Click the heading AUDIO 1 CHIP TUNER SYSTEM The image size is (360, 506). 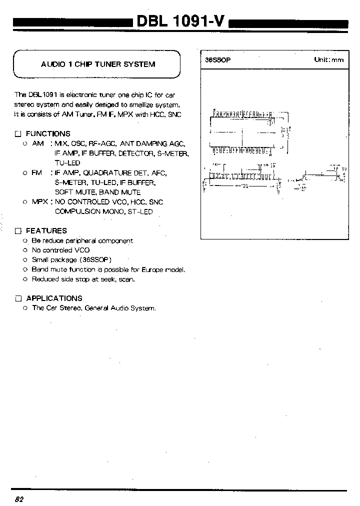(x=98, y=64)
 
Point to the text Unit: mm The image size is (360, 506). (x=328, y=59)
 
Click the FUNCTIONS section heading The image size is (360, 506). (x=48, y=133)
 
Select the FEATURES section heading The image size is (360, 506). (x=46, y=230)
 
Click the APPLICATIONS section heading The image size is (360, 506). (x=54, y=298)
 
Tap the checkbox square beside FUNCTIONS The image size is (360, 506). (x=18, y=134)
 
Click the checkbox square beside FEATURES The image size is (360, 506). (x=18, y=231)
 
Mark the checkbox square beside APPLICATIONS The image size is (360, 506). (x=18, y=298)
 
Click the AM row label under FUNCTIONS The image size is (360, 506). (x=38, y=143)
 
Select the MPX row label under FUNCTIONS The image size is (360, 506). (x=40, y=202)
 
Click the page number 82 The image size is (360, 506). (x=19, y=499)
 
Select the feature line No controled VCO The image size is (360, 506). (x=60, y=250)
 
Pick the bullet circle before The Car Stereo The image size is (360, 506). (x=24, y=308)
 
